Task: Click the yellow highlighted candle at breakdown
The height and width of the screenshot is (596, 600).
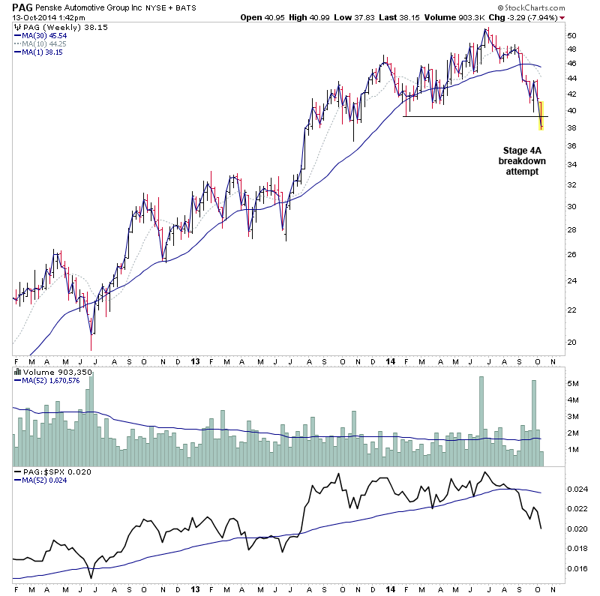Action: coord(541,115)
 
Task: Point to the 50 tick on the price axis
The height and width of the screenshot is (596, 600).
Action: coord(571,36)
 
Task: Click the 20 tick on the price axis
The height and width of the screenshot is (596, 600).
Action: coord(571,342)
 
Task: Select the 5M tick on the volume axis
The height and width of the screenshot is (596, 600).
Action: coord(573,384)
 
